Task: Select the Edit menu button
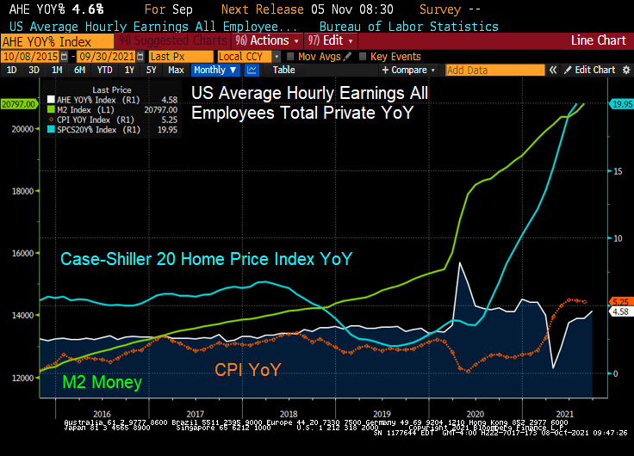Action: pyautogui.click(x=326, y=40)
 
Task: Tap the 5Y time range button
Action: pyautogui.click(x=151, y=70)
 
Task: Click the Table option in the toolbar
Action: pyautogui.click(x=283, y=70)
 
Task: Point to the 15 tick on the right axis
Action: pyautogui.click(x=618, y=171)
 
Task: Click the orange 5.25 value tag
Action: pyautogui.click(x=620, y=302)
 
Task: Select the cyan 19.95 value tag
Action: pyautogui.click(x=620, y=104)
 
